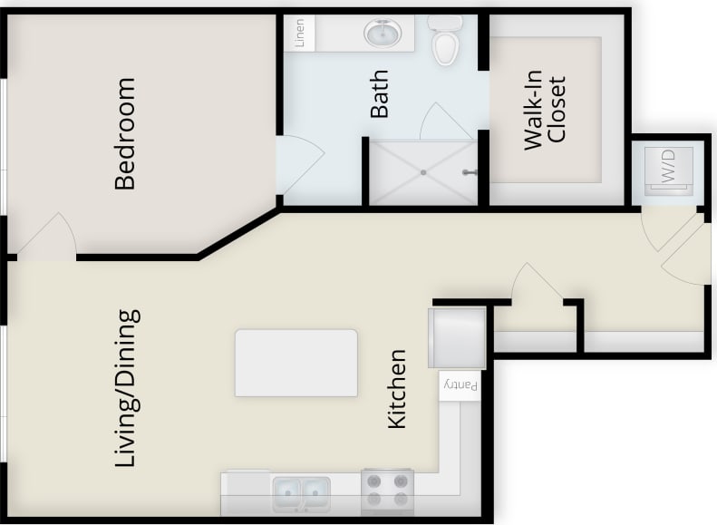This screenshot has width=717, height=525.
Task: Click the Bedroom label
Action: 124,133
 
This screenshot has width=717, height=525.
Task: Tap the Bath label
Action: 379,93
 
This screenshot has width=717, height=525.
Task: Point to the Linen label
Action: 300,34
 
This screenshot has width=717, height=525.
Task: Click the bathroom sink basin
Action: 383,34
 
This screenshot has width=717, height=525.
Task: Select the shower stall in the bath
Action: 421,172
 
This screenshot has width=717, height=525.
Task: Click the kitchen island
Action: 296,363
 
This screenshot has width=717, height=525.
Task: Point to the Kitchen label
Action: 397,388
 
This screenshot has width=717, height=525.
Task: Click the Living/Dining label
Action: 128,389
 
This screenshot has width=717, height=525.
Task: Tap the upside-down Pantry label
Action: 459,385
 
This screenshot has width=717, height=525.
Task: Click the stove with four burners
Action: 387,492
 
